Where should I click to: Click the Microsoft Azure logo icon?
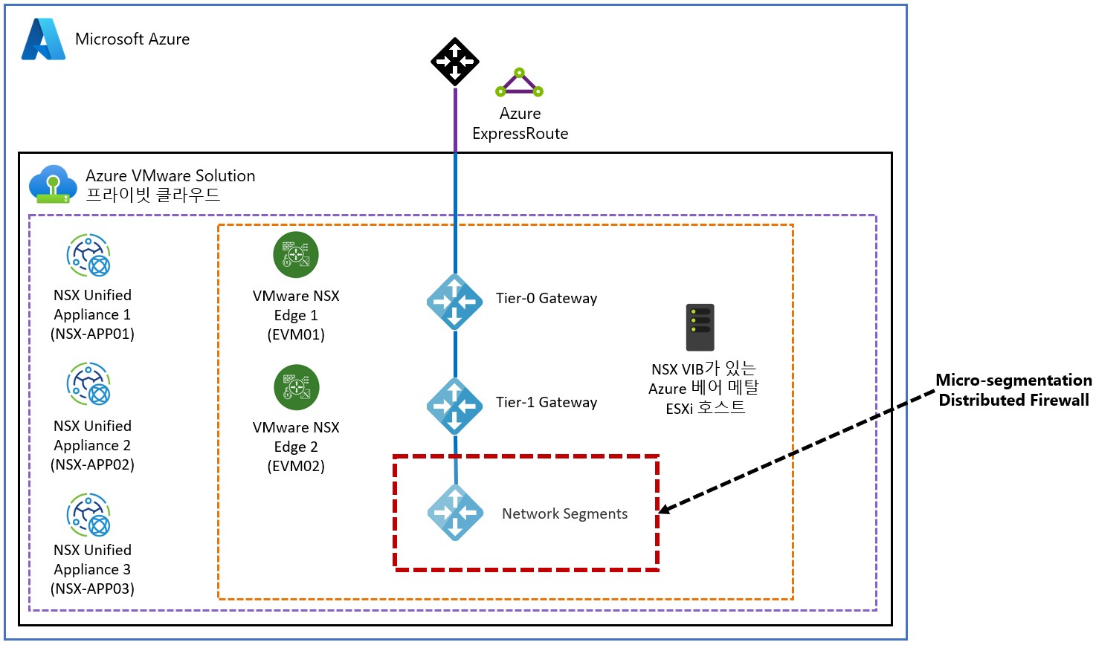tap(44, 39)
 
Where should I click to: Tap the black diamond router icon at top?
tap(455, 62)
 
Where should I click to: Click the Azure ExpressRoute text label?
tap(520, 123)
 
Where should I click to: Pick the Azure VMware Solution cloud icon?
tap(52, 184)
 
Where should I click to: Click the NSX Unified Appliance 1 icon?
tap(89, 255)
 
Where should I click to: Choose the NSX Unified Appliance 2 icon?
tap(89, 383)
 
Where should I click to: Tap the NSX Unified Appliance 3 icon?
tap(89, 514)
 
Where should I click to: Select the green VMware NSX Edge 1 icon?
tap(296, 254)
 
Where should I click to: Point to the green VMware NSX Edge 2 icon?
tap(296, 387)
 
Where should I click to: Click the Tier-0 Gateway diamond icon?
tap(455, 302)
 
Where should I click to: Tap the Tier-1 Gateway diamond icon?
tap(455, 406)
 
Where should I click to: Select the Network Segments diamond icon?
tap(455, 513)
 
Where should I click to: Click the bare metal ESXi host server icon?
tap(700, 327)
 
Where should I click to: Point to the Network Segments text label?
tap(564, 513)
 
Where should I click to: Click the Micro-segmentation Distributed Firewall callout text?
tap(1013, 390)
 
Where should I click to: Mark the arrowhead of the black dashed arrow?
tap(664, 510)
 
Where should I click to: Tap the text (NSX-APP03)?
tap(92, 589)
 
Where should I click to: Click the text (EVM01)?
tap(296, 334)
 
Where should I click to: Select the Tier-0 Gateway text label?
tap(547, 298)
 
